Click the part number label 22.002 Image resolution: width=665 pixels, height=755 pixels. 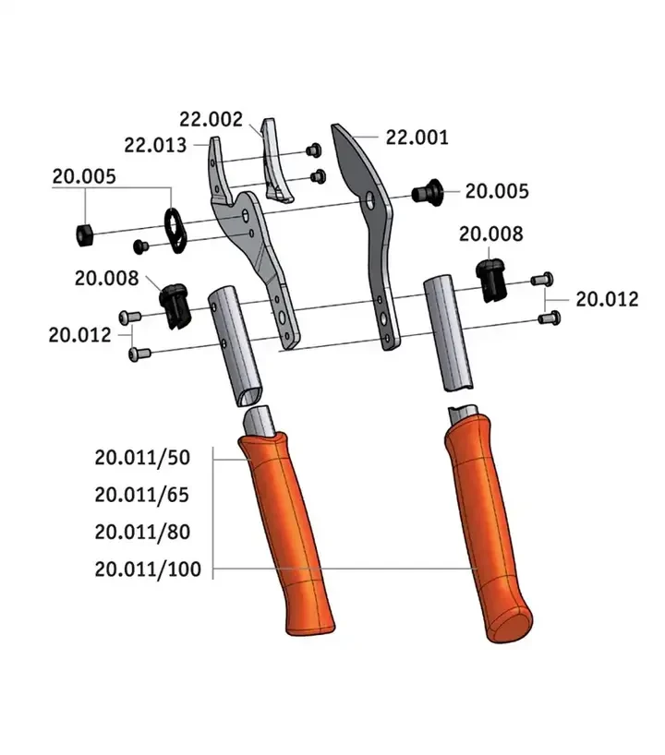(212, 119)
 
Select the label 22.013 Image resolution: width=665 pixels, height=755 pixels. (155, 145)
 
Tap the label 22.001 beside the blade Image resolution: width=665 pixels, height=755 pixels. (417, 138)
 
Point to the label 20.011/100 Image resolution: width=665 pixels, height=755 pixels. (148, 569)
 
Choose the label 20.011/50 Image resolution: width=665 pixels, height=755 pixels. (142, 457)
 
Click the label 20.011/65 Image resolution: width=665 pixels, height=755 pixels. (141, 495)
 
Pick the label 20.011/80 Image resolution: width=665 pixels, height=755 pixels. (142, 532)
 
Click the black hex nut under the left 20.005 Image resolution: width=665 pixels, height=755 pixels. (84, 235)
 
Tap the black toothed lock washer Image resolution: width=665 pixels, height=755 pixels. (175, 230)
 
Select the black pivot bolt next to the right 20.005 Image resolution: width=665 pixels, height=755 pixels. (428, 192)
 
